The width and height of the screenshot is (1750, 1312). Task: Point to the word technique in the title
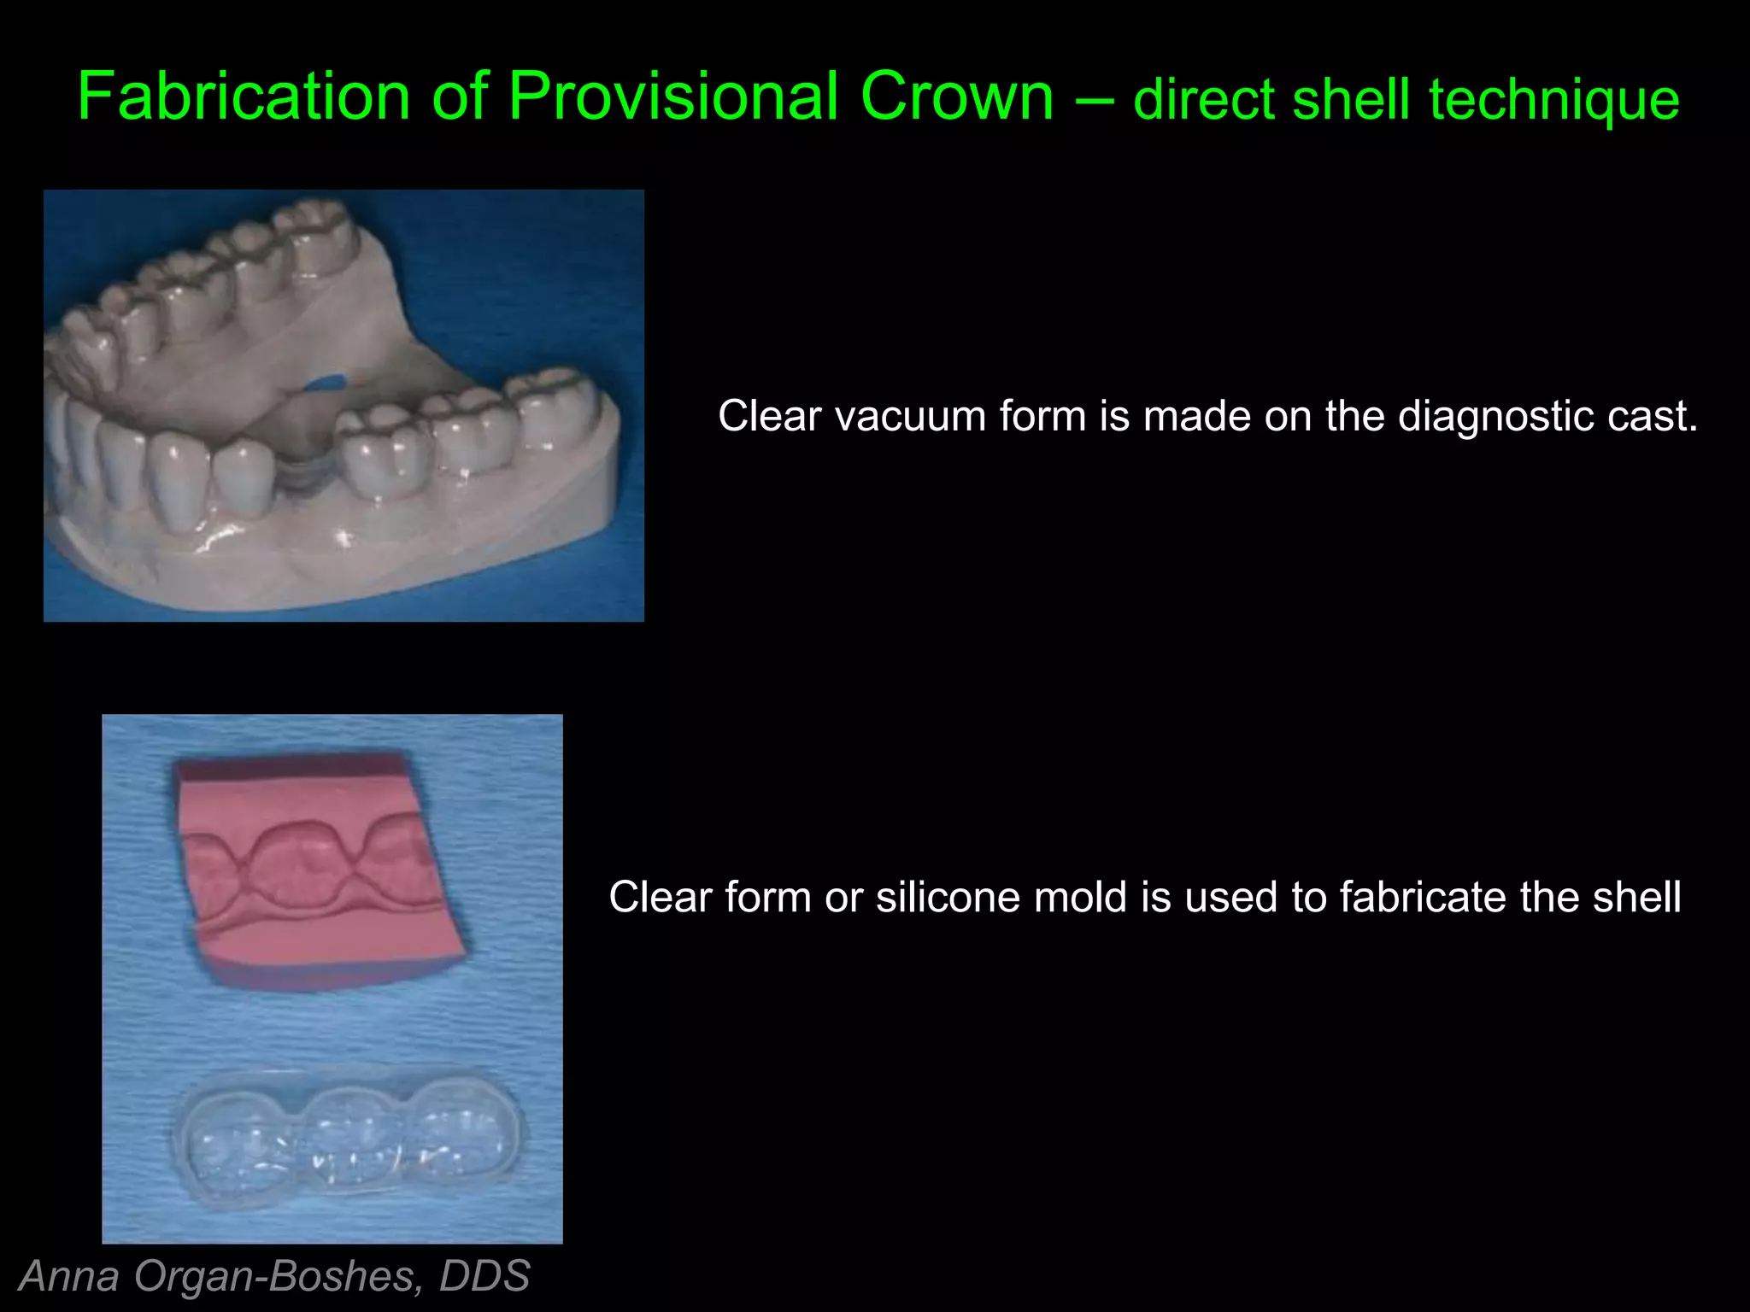(x=1554, y=99)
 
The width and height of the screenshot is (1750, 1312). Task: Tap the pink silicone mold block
(x=316, y=871)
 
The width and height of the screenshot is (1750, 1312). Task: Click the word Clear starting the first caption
(x=769, y=417)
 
